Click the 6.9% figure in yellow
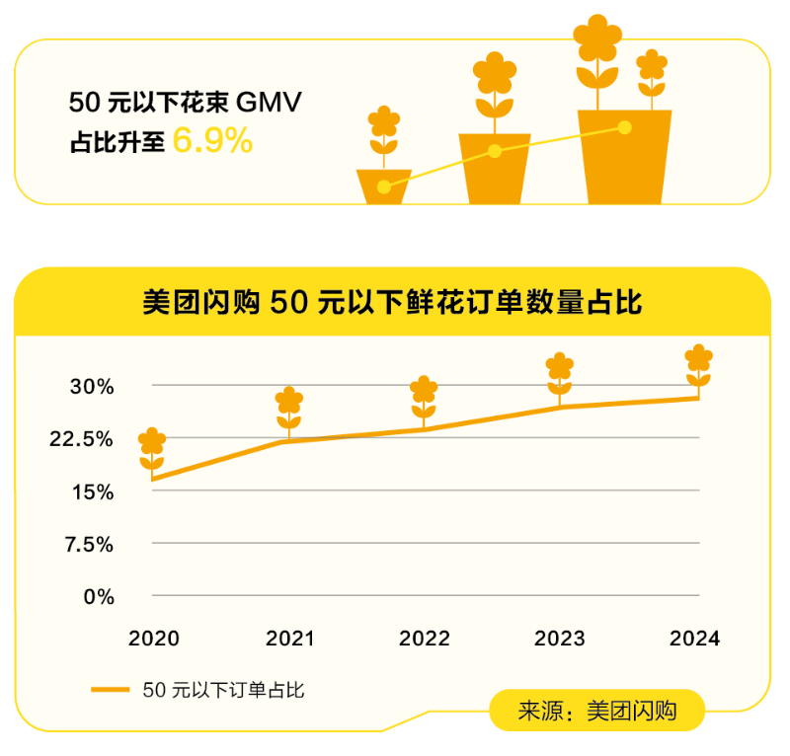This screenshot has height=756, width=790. (212, 141)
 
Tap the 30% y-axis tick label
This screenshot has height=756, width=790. (92, 386)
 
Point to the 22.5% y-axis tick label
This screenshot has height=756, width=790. (83, 438)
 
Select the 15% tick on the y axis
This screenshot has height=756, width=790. (92, 491)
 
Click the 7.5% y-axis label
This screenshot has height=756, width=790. (88, 544)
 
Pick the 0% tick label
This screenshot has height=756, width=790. (97, 596)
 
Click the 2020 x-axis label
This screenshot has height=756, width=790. (154, 639)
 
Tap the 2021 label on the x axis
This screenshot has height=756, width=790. (289, 639)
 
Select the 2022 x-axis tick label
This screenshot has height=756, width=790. (425, 639)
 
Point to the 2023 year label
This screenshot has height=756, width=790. (560, 639)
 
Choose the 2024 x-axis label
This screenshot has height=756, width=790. (695, 639)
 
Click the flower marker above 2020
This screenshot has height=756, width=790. (152, 450)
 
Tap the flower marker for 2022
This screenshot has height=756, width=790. (424, 398)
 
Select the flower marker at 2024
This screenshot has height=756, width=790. (698, 366)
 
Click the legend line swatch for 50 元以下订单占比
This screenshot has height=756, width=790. (110, 690)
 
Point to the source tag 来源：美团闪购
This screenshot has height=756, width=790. (596, 711)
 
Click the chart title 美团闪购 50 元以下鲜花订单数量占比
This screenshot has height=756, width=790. (392, 302)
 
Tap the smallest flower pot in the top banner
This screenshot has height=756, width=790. (384, 186)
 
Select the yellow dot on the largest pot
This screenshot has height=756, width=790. (624, 126)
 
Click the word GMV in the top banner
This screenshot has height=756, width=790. (270, 103)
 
